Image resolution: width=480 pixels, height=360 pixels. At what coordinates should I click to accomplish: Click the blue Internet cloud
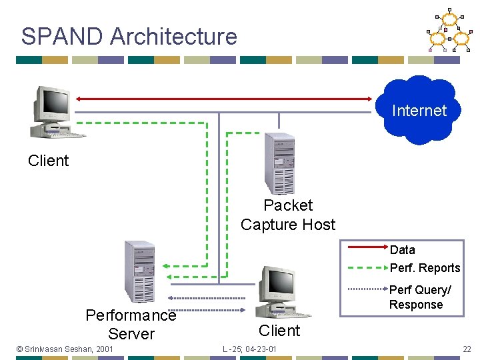pyautogui.click(x=419, y=111)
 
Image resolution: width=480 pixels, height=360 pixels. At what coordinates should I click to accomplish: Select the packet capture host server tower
pyautogui.click(x=279, y=163)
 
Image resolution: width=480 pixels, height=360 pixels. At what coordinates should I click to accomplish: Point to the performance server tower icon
pyautogui.click(x=139, y=271)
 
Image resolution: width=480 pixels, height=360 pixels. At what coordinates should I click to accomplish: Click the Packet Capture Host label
pyautogui.click(x=288, y=215)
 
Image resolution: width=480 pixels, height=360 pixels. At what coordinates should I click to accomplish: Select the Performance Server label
pyautogui.click(x=131, y=324)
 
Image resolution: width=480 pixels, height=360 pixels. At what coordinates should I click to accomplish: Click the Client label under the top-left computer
pyautogui.click(x=48, y=161)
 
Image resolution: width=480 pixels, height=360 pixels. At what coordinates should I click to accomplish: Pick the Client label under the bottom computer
pyautogui.click(x=279, y=331)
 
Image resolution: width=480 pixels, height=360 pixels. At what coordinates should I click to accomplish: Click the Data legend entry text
pyautogui.click(x=402, y=250)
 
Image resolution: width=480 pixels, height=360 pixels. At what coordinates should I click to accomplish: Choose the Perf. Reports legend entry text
pyautogui.click(x=425, y=268)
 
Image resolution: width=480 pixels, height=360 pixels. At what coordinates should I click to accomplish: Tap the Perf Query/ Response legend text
pyautogui.click(x=420, y=297)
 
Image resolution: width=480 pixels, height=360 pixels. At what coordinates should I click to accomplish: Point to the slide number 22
pyautogui.click(x=467, y=349)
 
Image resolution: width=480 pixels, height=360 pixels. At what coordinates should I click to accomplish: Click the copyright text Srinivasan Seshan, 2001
pyautogui.click(x=65, y=349)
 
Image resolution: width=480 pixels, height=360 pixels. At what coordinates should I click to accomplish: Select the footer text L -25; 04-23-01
pyautogui.click(x=250, y=349)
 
